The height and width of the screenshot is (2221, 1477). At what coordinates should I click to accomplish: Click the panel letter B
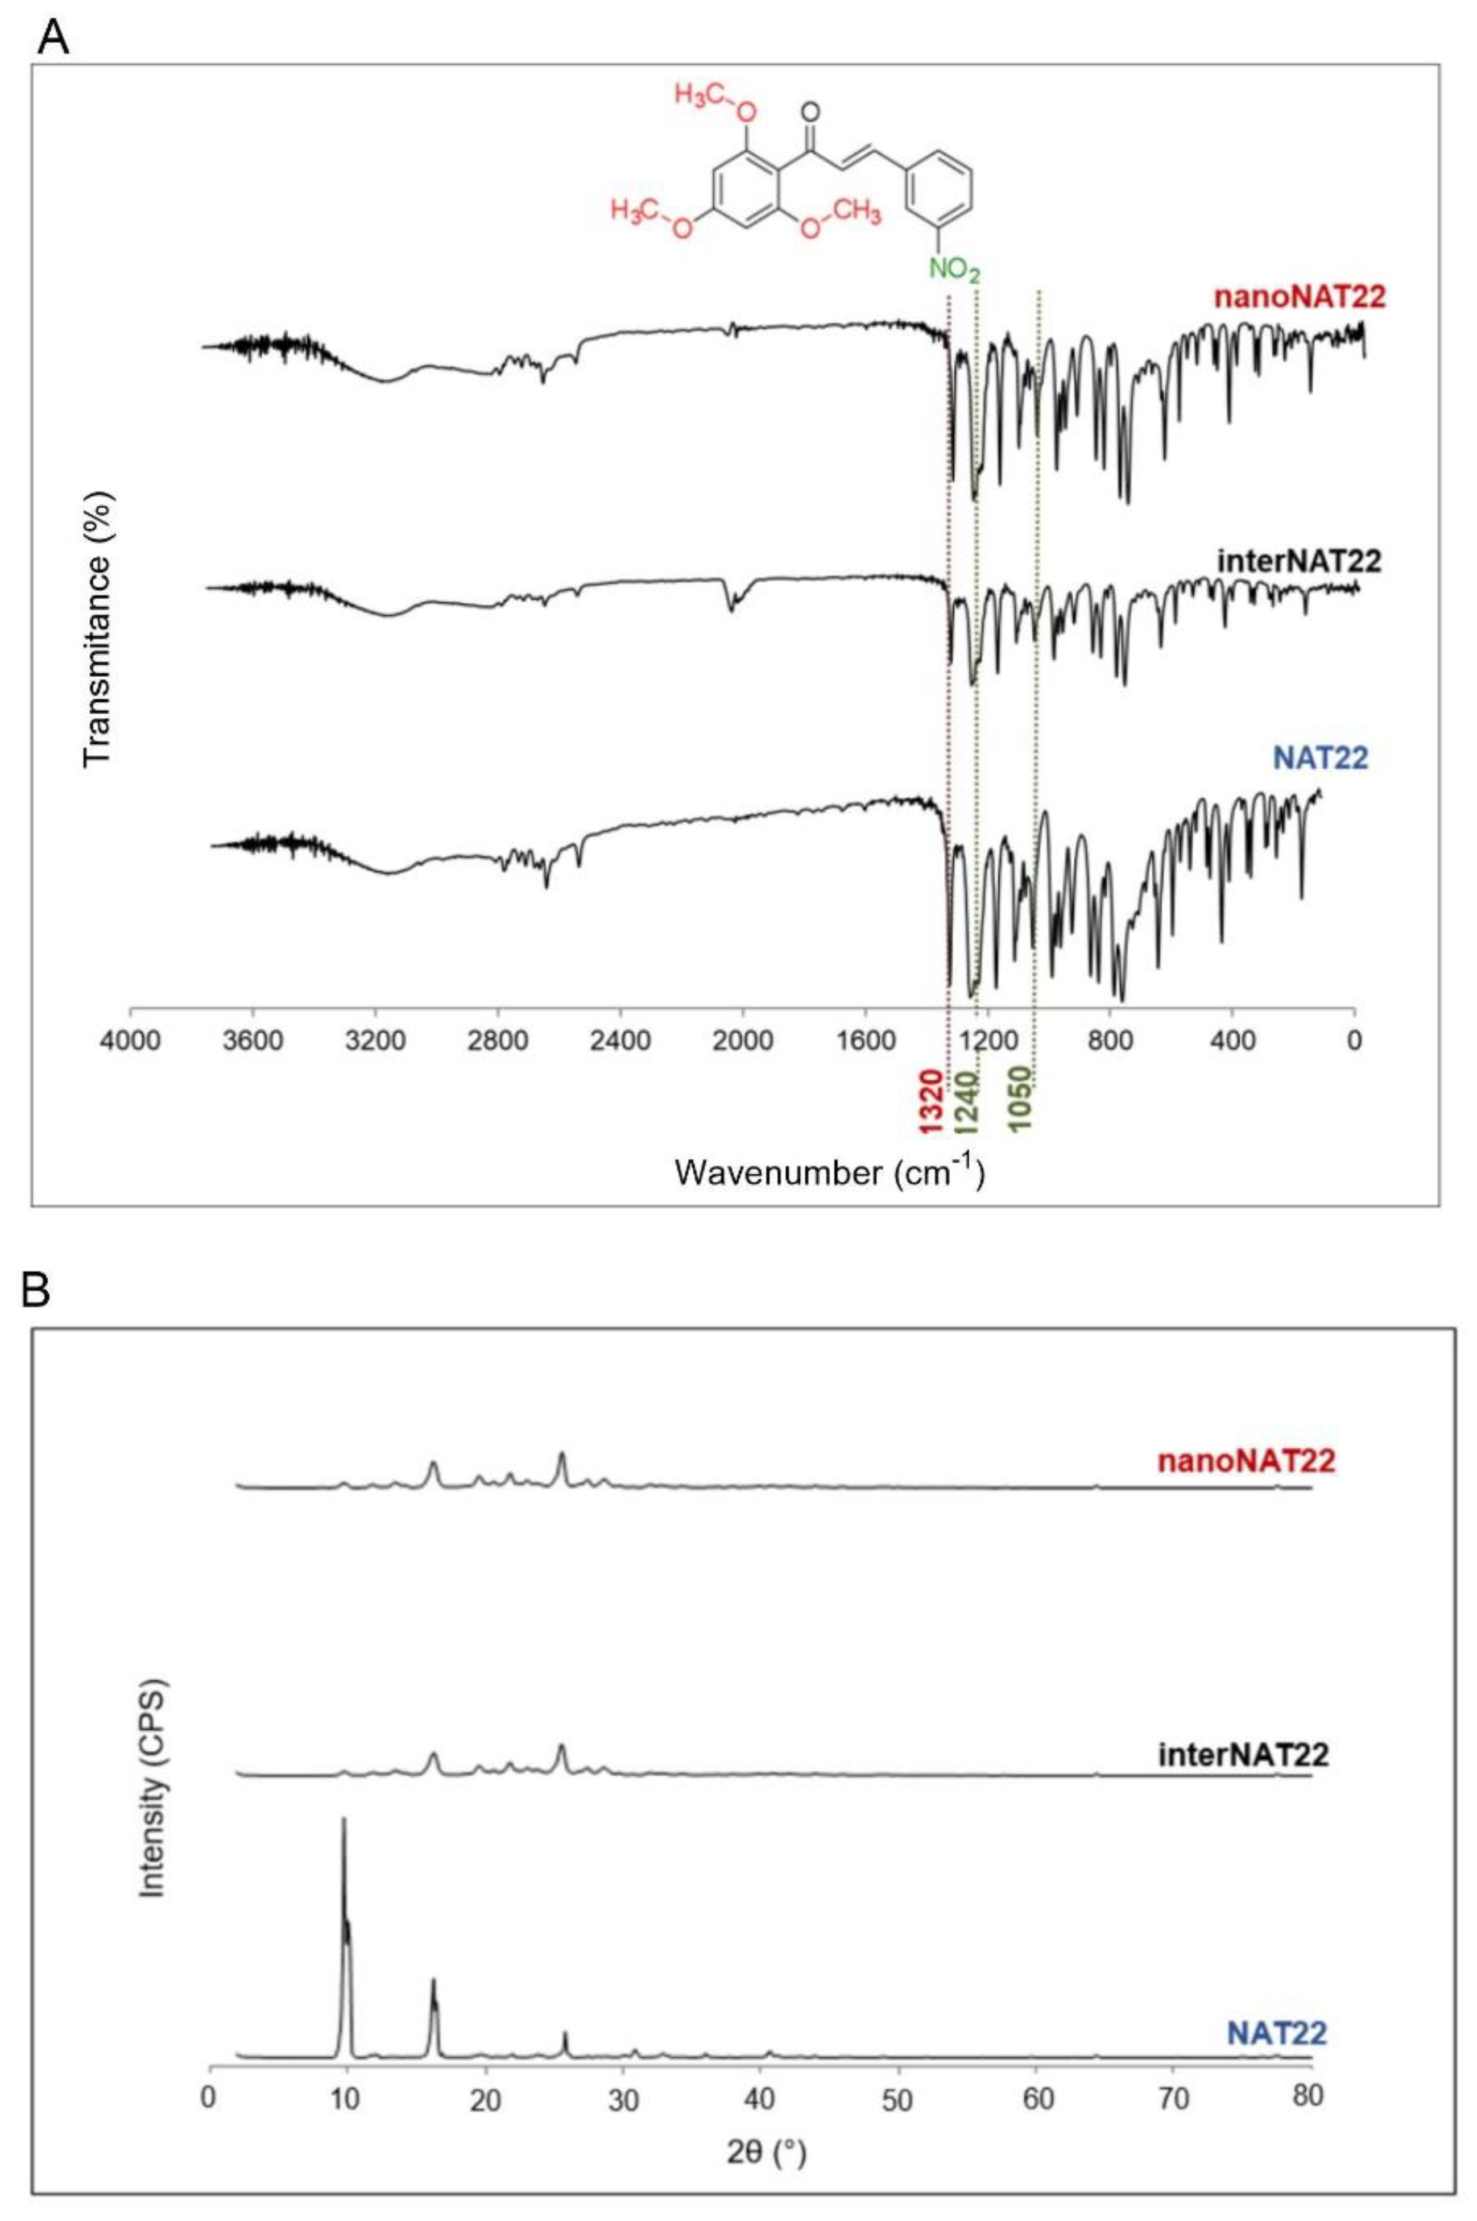click(37, 1292)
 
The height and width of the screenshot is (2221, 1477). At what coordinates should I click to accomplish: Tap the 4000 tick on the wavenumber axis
click(130, 1041)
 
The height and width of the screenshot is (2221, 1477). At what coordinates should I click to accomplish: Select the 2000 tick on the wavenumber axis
click(742, 1041)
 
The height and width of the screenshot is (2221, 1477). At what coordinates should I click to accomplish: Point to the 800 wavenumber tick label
click(1110, 1041)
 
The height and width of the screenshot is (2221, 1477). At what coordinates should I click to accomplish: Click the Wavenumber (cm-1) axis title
click(830, 1171)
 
